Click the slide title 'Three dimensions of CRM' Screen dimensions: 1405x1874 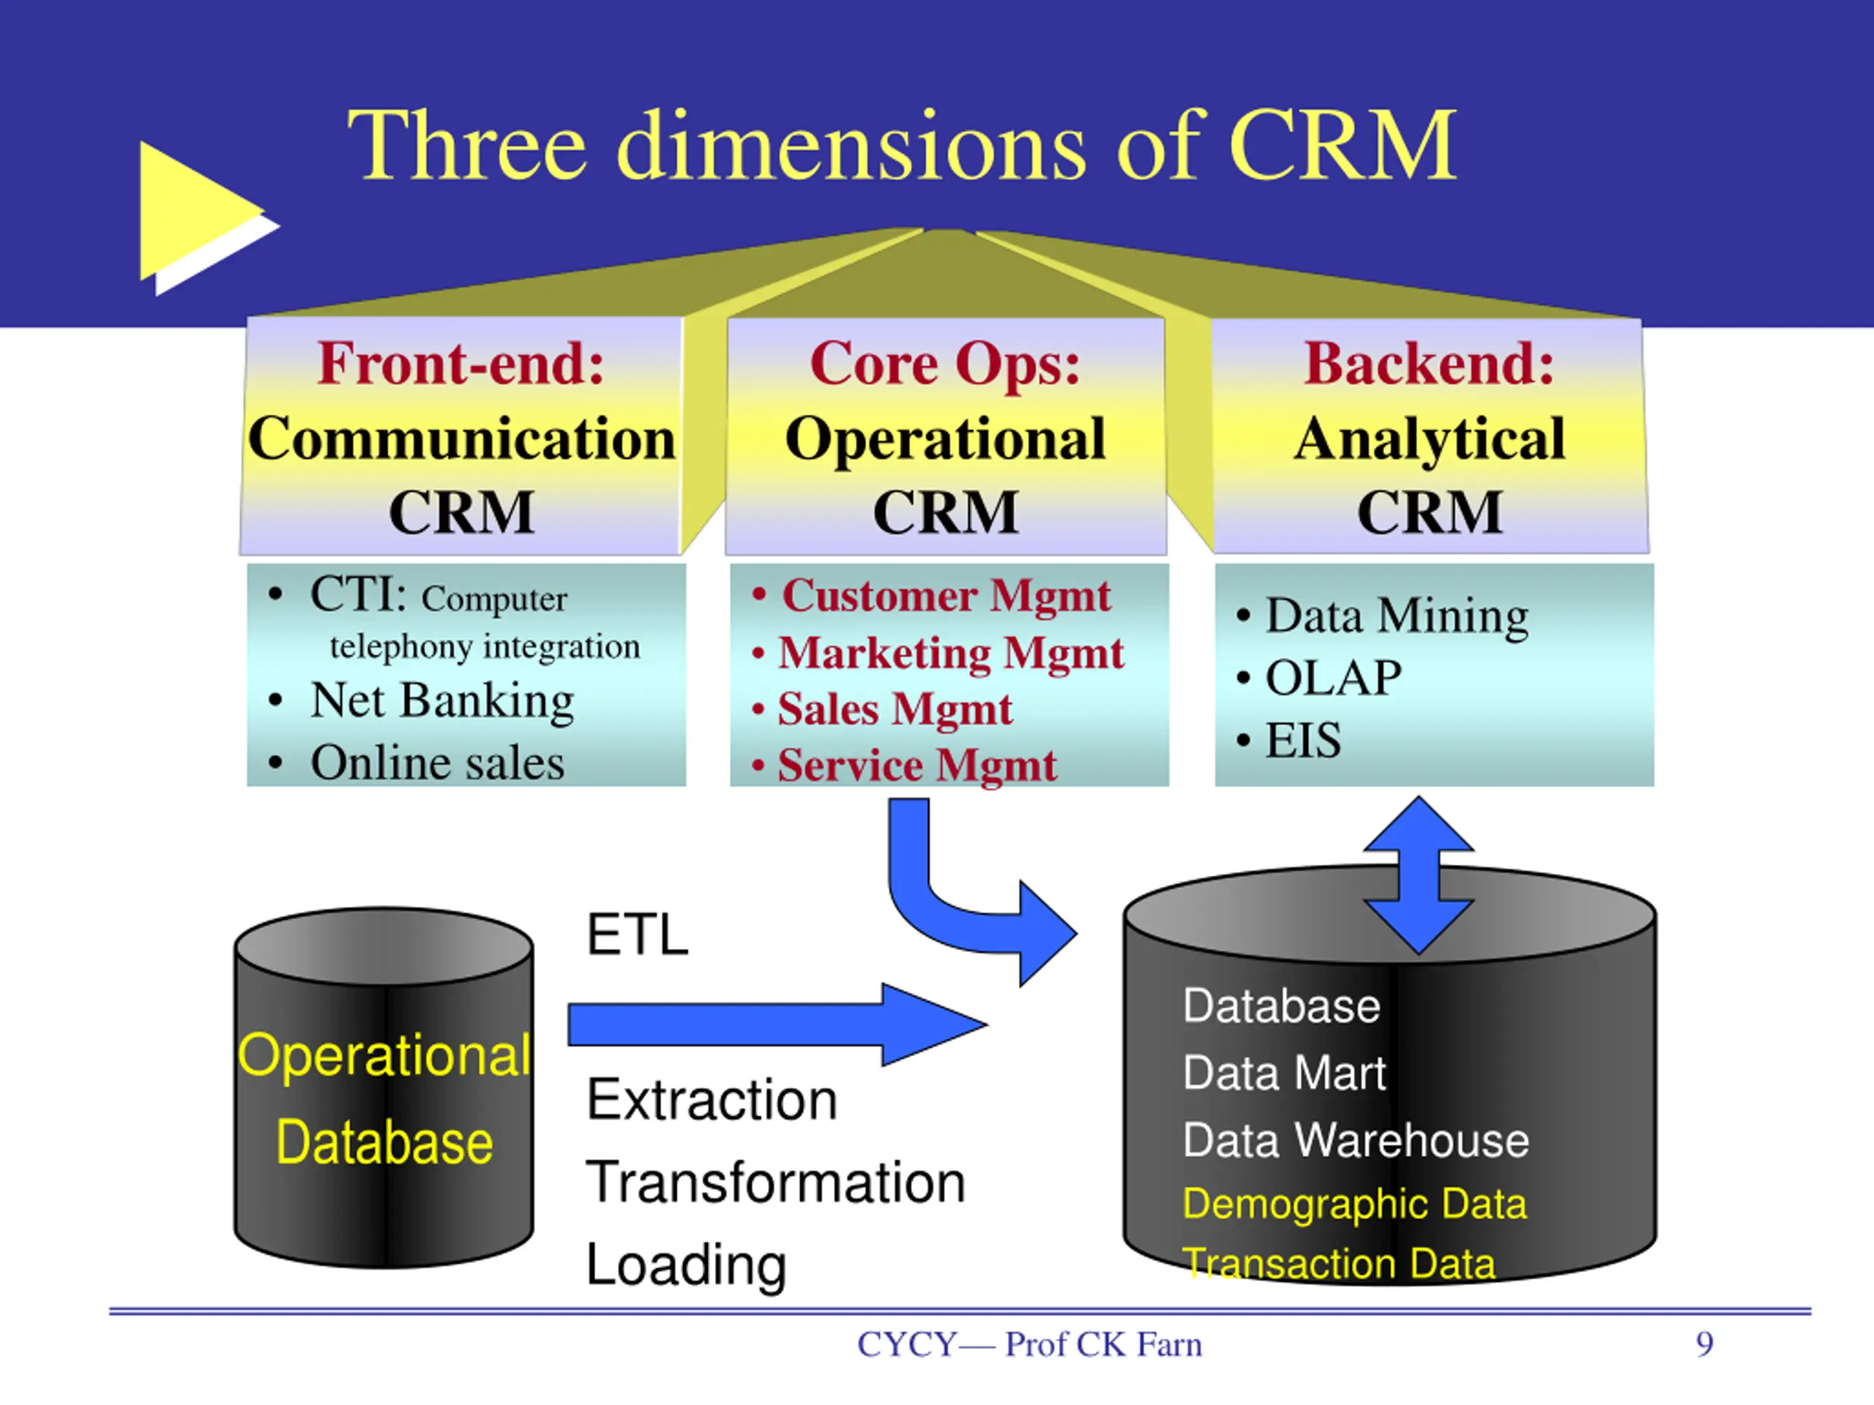(903, 146)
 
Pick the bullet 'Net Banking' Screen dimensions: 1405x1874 (441, 700)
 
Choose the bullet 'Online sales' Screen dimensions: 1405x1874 (437, 763)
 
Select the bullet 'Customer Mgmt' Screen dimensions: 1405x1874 (946, 596)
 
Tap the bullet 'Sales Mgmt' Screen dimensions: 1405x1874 (895, 709)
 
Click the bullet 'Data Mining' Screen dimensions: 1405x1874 (1397, 615)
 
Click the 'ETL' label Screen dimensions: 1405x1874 (637, 935)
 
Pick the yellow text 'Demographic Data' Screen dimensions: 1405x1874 (1354, 1204)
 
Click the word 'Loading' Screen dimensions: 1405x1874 (686, 1265)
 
